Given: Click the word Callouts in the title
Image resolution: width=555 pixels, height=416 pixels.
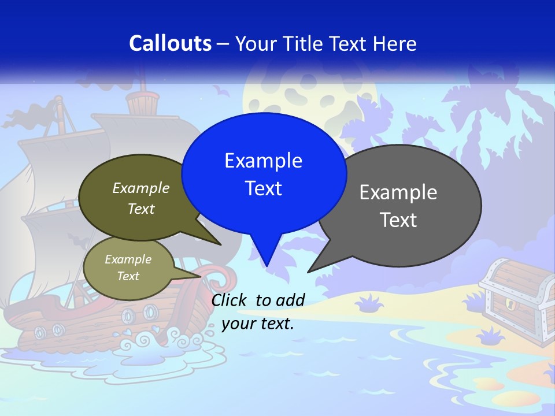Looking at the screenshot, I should (170, 43).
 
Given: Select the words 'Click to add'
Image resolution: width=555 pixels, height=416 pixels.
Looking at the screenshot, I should (258, 300).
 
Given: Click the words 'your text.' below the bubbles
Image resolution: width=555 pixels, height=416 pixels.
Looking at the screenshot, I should (258, 324).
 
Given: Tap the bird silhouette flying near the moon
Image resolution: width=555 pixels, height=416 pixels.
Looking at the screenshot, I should (220, 91).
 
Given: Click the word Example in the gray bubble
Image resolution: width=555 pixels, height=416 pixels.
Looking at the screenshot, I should (398, 192).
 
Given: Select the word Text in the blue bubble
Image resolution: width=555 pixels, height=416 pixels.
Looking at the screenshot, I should (264, 188).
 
